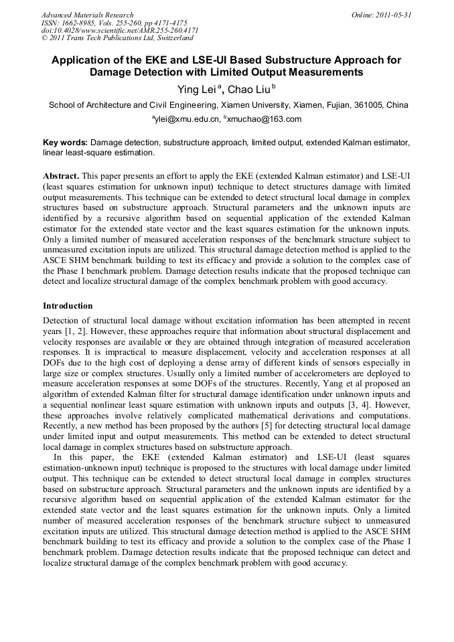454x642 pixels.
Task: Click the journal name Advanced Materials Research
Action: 87,15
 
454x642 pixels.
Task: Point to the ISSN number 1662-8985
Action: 80,23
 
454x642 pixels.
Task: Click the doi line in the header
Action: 119,31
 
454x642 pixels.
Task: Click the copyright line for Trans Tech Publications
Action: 117,38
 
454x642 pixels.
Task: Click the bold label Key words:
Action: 65,143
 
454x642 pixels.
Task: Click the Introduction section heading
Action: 68,306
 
